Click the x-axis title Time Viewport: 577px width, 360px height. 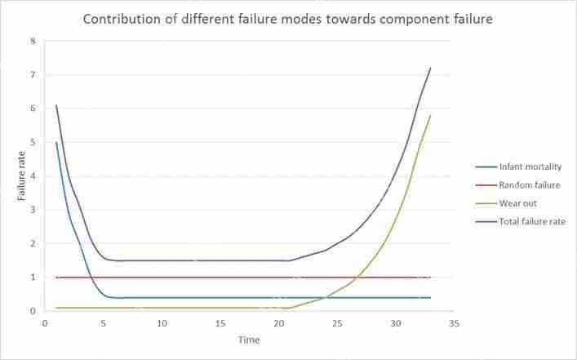pos(249,339)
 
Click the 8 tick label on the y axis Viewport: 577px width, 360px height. pos(33,41)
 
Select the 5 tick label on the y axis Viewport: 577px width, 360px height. pos(33,142)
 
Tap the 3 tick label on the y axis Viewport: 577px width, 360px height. pos(33,210)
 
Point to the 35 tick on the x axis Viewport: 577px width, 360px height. pos(455,324)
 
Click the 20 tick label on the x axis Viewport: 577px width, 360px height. pos(279,324)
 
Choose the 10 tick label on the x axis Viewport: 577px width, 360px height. pos(162,324)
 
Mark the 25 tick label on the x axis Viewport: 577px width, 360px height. pos(338,324)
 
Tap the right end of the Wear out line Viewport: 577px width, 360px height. pos(431,115)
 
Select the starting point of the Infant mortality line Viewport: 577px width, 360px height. pos(56,142)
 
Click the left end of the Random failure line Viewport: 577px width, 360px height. pos(56,278)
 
